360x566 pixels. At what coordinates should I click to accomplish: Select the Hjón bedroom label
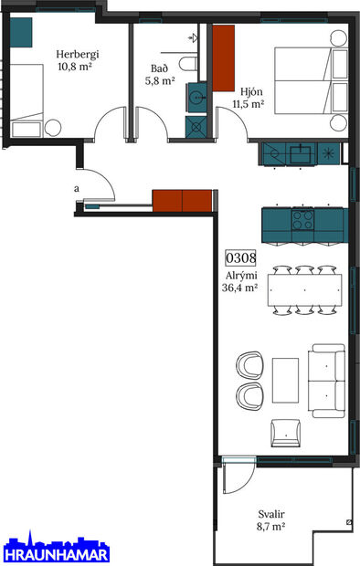tap(251, 98)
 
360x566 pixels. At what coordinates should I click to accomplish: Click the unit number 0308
tap(239, 258)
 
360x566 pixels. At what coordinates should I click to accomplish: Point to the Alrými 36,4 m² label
tap(239, 280)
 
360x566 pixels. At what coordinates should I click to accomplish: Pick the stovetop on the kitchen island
tap(302, 220)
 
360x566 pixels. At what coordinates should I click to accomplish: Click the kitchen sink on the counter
tap(299, 152)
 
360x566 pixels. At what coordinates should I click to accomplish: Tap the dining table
tap(306, 291)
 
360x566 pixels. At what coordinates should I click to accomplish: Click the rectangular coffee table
tap(286, 380)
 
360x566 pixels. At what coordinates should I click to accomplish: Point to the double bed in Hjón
tap(310, 80)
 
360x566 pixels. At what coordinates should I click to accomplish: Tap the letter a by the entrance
tap(76, 189)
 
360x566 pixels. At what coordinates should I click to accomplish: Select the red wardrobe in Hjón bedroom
tap(225, 58)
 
